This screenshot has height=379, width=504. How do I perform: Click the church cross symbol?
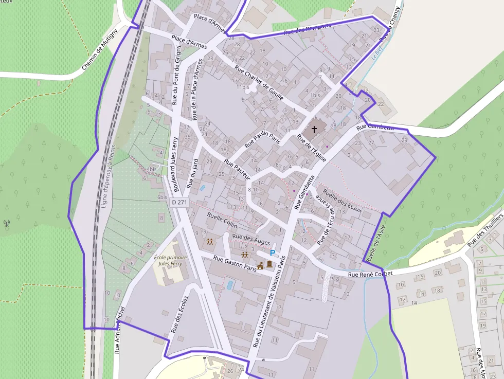pos(314,130)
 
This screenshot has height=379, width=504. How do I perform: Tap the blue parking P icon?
pos(273,252)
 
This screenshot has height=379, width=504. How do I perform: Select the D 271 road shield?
pos(180,203)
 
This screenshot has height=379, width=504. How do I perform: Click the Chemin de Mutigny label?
pos(100,49)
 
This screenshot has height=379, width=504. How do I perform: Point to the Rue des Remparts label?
pos(307,29)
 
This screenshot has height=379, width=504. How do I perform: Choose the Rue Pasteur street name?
pos(237,169)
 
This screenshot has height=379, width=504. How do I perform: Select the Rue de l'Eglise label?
pos(312,148)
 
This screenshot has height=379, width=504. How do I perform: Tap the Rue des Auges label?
pos(251,239)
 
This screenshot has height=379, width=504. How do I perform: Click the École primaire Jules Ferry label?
pos(171,260)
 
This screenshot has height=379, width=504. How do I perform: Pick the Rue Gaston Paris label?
pos(235,263)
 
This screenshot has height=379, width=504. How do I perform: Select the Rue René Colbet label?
pos(370,274)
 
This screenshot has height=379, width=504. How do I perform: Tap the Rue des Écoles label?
pos(179,315)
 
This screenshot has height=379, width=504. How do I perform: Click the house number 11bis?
pos(243,87)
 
